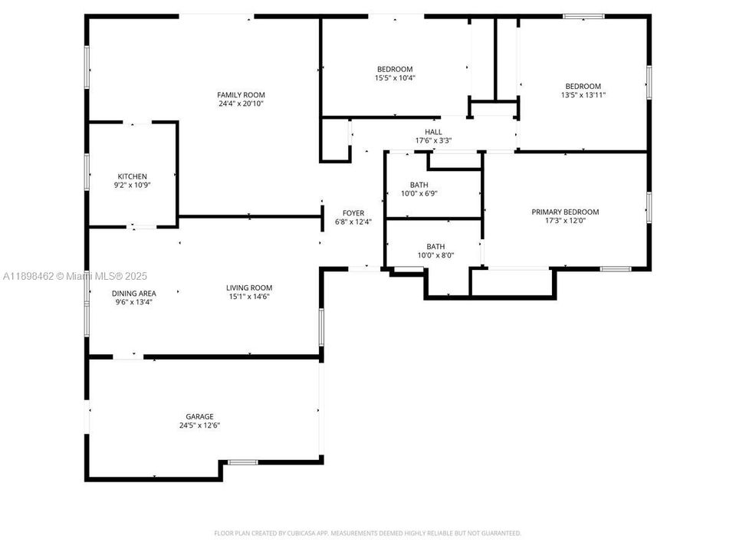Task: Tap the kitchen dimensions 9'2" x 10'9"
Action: coord(132,185)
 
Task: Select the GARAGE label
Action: coord(199,416)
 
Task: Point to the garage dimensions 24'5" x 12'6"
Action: coord(199,425)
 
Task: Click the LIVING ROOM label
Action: coord(249,287)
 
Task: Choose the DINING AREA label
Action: coord(134,293)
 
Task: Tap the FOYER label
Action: coord(353,213)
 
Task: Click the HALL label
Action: coord(433,132)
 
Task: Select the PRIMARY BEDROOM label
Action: coord(565,212)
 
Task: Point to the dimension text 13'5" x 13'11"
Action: coord(583,95)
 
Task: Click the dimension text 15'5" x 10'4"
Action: coord(395,77)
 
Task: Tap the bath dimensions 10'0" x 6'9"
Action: coord(419,193)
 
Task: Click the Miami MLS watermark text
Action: coord(75,276)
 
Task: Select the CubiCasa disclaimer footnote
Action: coord(367,533)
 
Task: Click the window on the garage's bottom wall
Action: coord(243,462)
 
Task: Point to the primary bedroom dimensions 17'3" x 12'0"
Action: coord(565,221)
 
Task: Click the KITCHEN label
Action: coord(132,176)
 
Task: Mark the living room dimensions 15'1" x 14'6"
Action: coord(249,297)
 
